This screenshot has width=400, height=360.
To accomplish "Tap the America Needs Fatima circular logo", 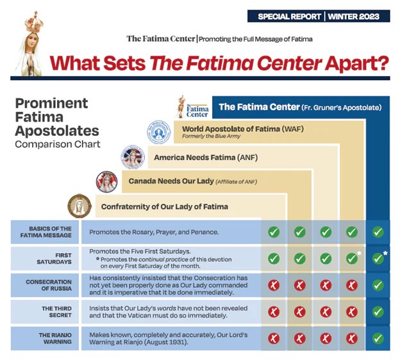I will (x=132, y=157).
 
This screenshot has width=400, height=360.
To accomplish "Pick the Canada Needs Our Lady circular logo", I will (x=106, y=181).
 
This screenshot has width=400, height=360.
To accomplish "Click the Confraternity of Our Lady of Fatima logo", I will (x=80, y=207).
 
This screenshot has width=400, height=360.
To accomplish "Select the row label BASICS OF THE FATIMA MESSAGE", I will (x=45, y=232).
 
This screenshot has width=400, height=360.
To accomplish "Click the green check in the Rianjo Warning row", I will (x=378, y=338).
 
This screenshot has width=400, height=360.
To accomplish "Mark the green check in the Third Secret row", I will (x=378, y=311).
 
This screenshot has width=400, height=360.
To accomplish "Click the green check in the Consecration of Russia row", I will (x=378, y=284).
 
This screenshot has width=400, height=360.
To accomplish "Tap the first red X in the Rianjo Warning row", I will (x=274, y=338).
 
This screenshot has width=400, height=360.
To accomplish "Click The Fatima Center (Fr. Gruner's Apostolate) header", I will (x=300, y=107).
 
